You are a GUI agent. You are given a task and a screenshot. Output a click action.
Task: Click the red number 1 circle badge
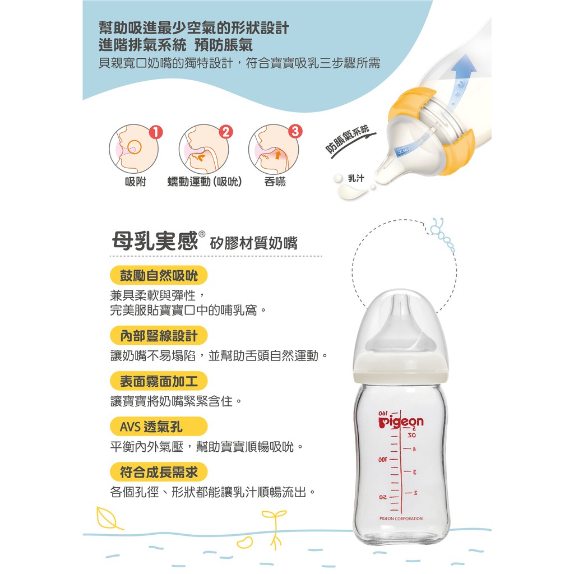pos(156,132)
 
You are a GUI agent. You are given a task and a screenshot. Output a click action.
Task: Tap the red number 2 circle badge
pos(226,131)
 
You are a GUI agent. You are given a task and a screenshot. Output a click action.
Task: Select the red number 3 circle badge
pos(295,131)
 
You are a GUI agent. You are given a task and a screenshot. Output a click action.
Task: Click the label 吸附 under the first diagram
pos(136,182)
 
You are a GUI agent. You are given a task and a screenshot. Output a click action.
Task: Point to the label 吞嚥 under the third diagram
pos(275,182)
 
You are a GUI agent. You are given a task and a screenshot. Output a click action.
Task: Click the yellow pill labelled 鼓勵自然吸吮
pos(159,275)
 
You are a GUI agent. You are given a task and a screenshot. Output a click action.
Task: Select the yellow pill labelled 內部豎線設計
pos(159,336)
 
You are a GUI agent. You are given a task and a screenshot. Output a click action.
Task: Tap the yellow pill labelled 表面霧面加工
pos(159,381)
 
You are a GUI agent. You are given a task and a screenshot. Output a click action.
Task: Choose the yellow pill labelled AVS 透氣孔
pos(159,427)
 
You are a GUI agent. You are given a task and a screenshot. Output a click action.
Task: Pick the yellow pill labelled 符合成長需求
pos(159,472)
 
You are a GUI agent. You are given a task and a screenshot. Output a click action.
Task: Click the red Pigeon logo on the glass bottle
pos(401,422)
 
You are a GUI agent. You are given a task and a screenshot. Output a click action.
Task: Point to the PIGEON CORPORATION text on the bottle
pos(401,519)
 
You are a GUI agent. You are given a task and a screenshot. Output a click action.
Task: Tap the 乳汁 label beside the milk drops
pos(356,178)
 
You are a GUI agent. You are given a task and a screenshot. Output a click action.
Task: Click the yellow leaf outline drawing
pos(109,519)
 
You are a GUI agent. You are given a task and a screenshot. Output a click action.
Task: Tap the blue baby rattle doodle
pos(442,234)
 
